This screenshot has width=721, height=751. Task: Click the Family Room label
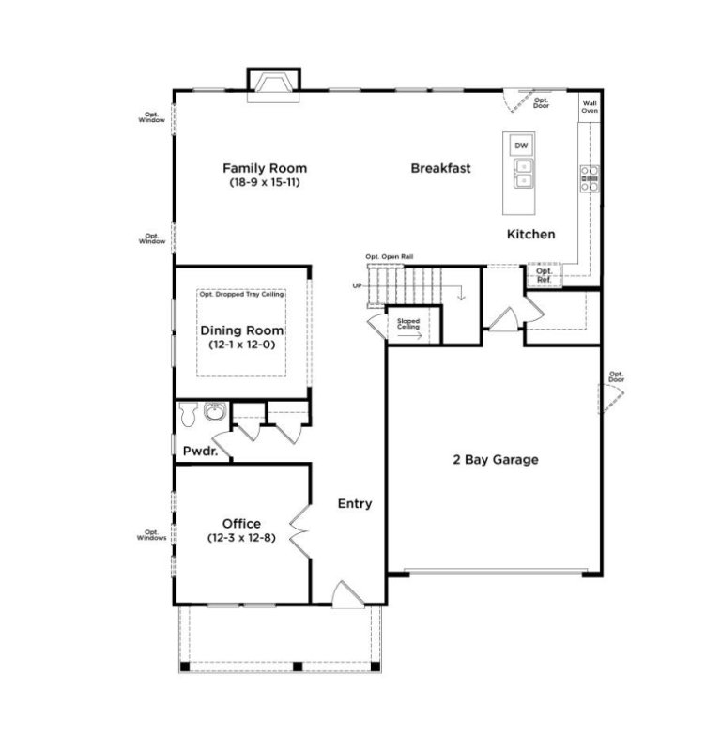[264, 169]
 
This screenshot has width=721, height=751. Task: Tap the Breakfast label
[440, 169]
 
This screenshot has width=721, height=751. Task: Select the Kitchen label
[530, 234]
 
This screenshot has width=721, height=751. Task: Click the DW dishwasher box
[520, 146]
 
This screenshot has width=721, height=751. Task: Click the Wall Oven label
[590, 108]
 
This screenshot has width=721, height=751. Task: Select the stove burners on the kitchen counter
[590, 178]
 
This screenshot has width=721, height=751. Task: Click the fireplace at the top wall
[273, 85]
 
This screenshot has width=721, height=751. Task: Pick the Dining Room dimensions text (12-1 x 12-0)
[241, 345]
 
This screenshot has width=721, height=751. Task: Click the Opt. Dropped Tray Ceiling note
[241, 295]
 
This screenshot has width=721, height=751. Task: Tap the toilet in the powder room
[188, 413]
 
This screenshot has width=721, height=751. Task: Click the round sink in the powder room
[214, 412]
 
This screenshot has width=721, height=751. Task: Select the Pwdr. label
[199, 452]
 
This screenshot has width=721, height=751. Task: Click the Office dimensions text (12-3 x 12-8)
[241, 538]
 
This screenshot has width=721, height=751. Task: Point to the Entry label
[355, 504]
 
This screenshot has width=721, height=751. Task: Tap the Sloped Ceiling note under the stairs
[408, 324]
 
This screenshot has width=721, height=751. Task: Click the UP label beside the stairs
[357, 285]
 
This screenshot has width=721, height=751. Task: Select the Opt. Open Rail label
[390, 256]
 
